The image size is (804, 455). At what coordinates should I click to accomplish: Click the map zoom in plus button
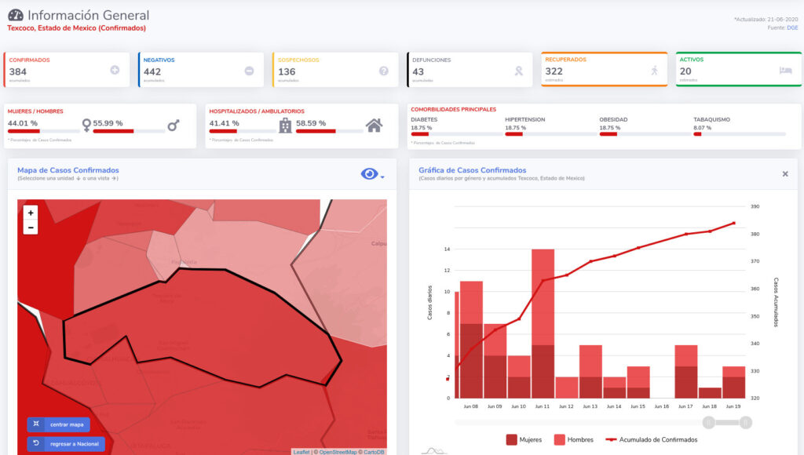point(31,213)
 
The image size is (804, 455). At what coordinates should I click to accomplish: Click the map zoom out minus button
point(31,227)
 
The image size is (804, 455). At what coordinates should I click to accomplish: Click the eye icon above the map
point(369,174)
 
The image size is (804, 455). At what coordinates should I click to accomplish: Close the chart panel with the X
point(784,174)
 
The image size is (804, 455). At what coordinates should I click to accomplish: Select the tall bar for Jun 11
point(543,323)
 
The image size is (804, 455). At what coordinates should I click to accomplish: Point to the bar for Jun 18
point(709,392)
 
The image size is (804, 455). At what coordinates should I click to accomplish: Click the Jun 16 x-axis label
point(661,406)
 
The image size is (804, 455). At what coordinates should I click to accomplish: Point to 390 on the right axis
point(755,207)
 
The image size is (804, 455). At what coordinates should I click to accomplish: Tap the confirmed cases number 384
point(18,71)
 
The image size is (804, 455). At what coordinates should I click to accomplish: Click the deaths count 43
point(418,71)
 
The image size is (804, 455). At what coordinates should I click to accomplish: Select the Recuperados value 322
point(554,71)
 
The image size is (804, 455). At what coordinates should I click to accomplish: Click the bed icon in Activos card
point(786,70)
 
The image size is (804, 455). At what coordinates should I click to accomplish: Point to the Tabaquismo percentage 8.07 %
point(703,127)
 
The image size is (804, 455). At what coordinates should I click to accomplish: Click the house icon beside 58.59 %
point(375,125)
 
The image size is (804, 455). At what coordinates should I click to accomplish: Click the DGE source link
point(793,27)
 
